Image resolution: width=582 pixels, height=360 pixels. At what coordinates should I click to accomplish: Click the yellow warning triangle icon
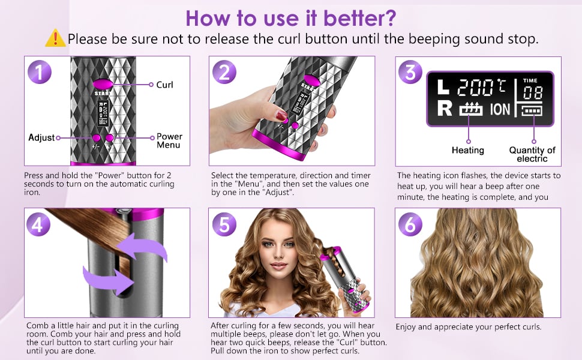tap(55, 38)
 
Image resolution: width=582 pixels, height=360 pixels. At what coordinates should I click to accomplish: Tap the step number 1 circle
tap(40, 71)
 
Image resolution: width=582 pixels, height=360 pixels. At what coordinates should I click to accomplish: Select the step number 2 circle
tap(224, 71)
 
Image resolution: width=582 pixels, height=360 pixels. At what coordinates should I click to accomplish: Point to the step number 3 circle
tap(410, 71)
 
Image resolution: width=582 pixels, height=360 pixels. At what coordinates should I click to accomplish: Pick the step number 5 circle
tap(224, 224)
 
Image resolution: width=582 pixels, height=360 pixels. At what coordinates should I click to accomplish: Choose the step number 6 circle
tap(410, 224)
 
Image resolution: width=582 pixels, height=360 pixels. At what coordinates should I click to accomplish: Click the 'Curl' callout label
tap(164, 85)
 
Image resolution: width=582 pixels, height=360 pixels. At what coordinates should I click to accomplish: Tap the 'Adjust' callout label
tap(41, 137)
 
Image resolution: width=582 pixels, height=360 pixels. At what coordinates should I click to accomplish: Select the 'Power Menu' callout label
tap(169, 140)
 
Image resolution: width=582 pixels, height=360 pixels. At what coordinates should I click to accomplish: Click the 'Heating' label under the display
tap(467, 151)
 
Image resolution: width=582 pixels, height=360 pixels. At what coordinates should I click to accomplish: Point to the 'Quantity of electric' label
tap(532, 154)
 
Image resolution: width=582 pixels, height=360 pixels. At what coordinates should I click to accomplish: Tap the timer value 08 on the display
tap(533, 93)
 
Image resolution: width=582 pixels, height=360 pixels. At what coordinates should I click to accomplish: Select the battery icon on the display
tap(532, 110)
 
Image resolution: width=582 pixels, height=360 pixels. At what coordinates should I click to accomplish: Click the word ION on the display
tap(500, 109)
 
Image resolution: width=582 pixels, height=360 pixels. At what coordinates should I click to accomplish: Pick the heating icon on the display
tap(470, 109)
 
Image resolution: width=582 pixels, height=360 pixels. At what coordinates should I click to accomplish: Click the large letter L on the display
tap(443, 87)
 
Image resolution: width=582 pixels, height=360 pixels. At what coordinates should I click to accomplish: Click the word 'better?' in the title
tap(359, 18)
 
